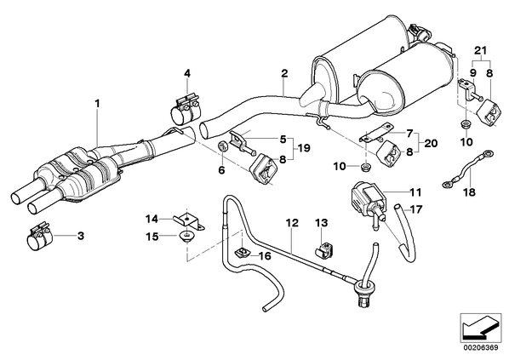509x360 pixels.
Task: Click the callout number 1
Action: click(x=97, y=104)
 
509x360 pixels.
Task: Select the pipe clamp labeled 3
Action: click(x=38, y=237)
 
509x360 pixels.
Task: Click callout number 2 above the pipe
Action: click(x=284, y=73)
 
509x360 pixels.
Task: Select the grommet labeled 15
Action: click(x=187, y=236)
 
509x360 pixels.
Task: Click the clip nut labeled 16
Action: click(x=242, y=253)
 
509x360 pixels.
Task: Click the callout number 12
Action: click(x=292, y=223)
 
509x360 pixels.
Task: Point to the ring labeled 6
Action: click(x=222, y=146)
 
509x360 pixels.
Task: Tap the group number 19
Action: click(x=304, y=148)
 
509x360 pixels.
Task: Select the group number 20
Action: click(x=431, y=143)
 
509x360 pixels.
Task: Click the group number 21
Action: click(x=481, y=50)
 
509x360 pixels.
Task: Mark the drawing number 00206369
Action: click(x=481, y=348)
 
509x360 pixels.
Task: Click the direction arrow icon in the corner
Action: click(x=480, y=327)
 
